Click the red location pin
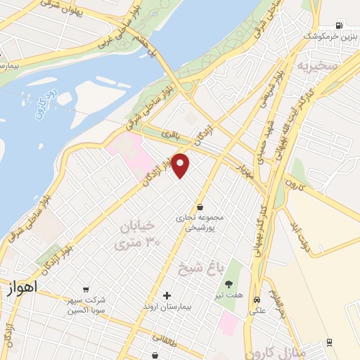(181, 165)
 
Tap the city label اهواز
(23, 288)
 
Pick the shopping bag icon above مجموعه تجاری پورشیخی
(201, 207)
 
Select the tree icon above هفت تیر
(229, 284)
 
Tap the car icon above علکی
(257, 298)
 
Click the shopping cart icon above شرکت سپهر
(85, 288)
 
